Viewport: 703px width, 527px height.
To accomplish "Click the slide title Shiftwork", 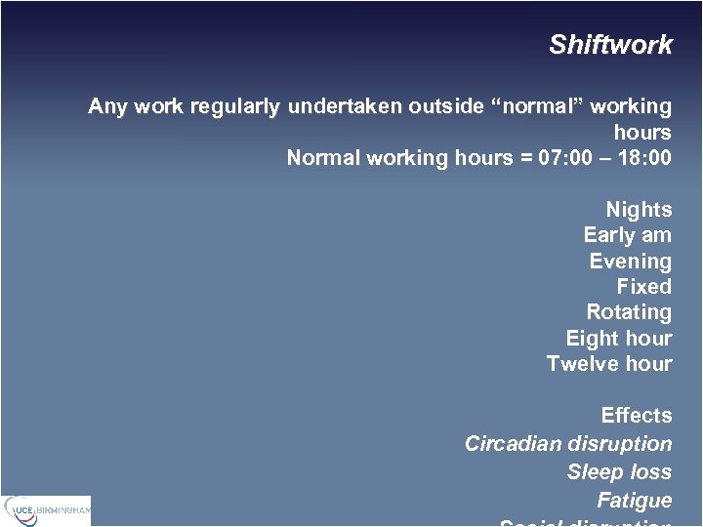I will coord(610,45).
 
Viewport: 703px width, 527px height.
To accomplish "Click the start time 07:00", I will coord(566,158).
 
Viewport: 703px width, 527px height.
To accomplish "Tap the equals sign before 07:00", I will coord(522,158).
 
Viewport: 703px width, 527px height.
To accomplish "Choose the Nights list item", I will coord(639,210).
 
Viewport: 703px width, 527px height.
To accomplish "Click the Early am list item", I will coord(627,235).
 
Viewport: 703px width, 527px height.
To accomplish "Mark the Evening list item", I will coord(630,262).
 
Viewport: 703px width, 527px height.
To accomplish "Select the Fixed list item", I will coord(643,287).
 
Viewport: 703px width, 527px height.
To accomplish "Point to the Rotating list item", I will coord(629,312).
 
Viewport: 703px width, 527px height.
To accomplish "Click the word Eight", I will coord(592,339).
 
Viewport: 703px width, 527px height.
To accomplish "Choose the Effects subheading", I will coord(637,416).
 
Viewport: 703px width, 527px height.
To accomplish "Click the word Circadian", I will coord(512,444).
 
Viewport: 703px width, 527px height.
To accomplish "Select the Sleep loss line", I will coord(619,472).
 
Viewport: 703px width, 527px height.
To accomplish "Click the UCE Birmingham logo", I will coord(46,509).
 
